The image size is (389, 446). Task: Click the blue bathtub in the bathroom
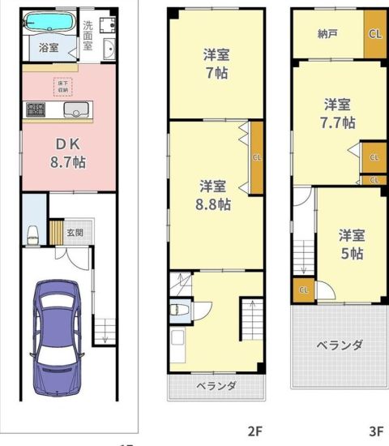[x=49, y=22]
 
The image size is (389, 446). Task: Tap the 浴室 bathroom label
[x=49, y=48]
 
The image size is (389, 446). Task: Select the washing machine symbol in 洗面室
[x=108, y=25]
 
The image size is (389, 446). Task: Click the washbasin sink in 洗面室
[x=109, y=49]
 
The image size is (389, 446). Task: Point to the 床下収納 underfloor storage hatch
[x=63, y=87]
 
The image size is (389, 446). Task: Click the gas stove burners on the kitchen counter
[x=36, y=109]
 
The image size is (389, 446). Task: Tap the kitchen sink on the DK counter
[x=76, y=109]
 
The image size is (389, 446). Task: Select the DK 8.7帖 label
[x=68, y=153]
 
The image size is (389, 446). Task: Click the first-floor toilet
[x=32, y=235]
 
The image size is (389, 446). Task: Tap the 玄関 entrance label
[x=75, y=233]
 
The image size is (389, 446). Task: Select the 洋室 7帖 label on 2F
[x=216, y=64]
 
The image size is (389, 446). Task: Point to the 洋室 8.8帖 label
[x=213, y=195]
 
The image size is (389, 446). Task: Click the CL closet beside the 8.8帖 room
[x=257, y=158]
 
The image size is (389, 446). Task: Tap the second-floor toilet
[x=179, y=310]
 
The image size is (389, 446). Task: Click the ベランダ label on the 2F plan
[x=216, y=386]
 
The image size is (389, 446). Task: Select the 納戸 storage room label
[x=327, y=34]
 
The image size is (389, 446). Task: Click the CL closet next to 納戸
[x=375, y=34]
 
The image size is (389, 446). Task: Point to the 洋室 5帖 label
[x=352, y=244]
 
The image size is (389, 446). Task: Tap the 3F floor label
[x=376, y=431]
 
